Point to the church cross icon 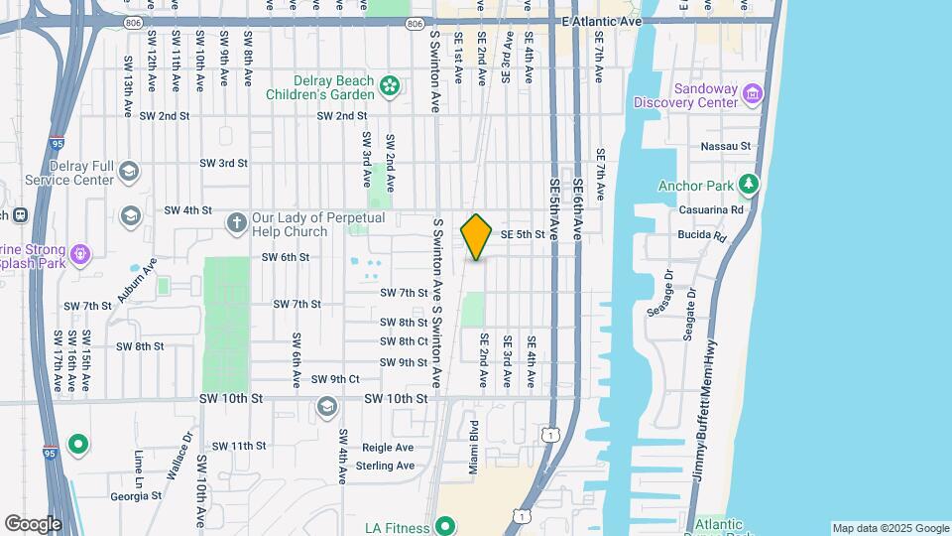point(237,221)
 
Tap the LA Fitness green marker point(445,525)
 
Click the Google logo point(33,523)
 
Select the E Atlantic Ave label point(602,21)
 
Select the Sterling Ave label point(384,465)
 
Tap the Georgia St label point(136,496)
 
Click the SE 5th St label point(524,234)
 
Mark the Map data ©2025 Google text point(890,528)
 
